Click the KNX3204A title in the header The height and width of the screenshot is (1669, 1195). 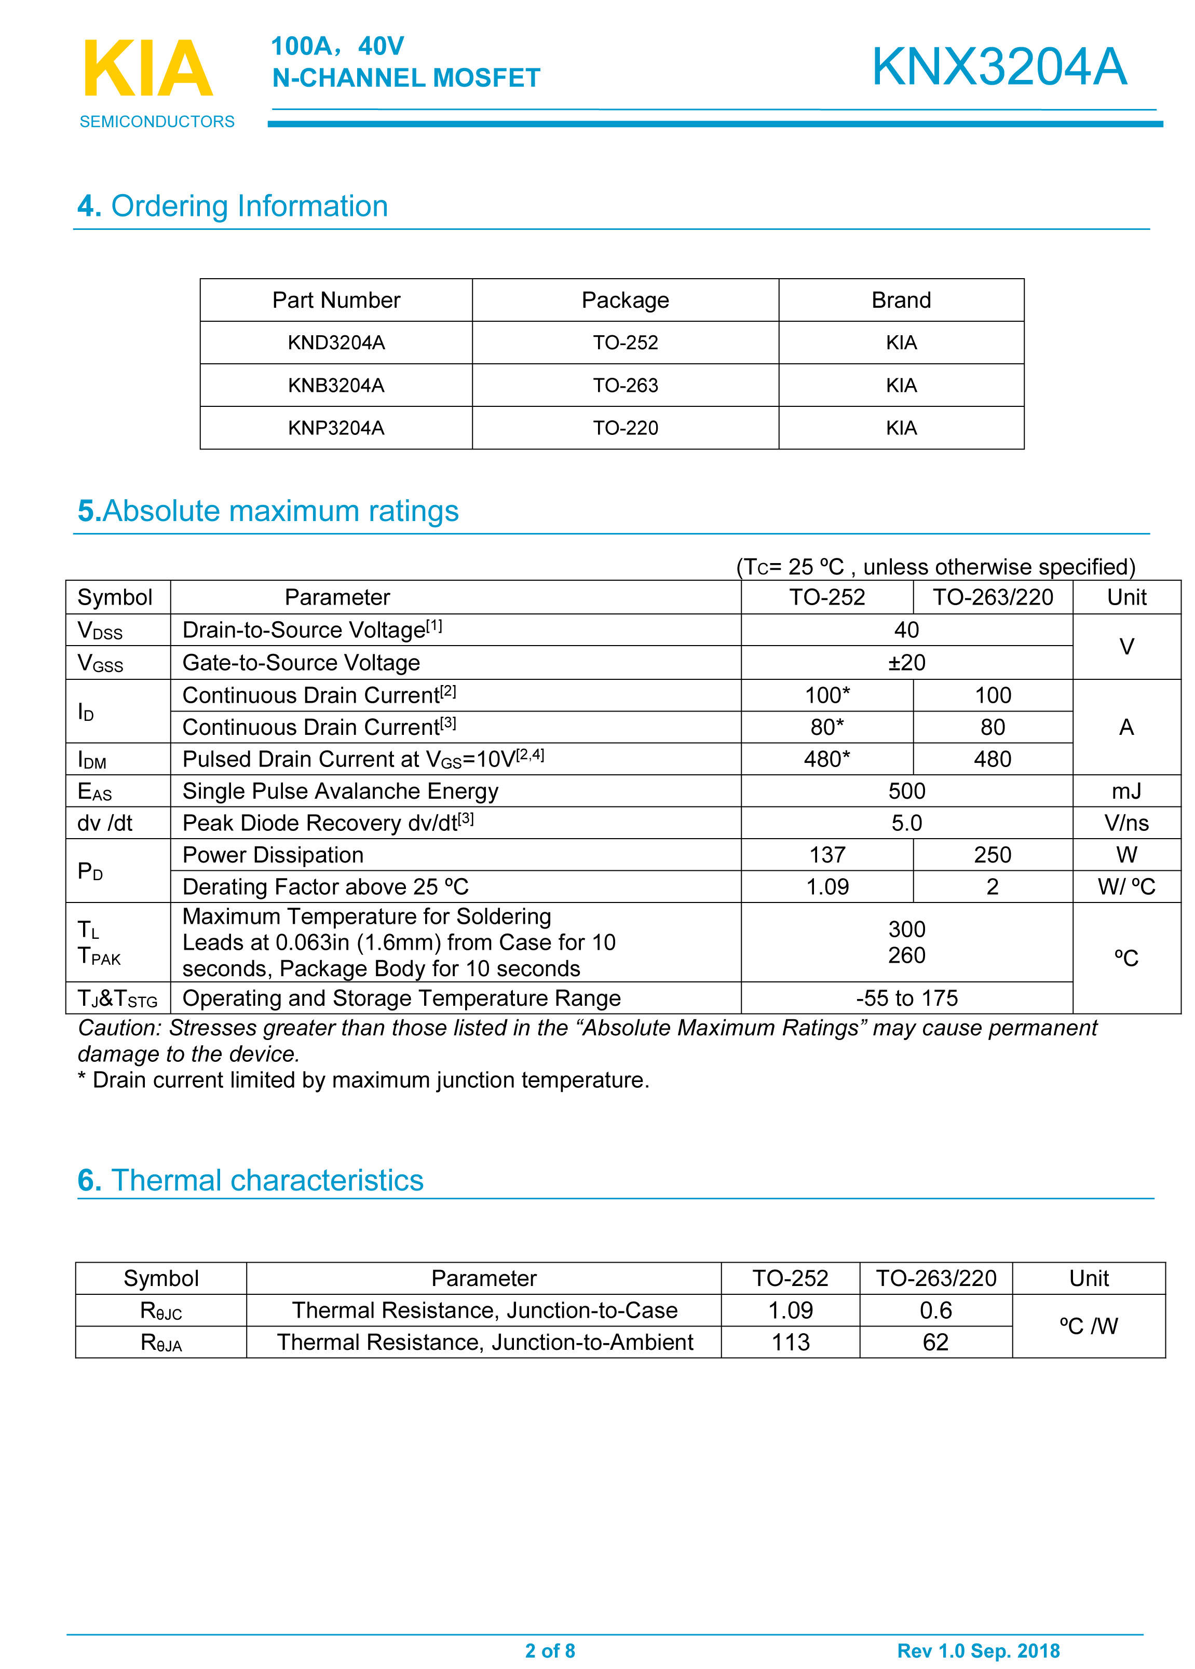coord(999,67)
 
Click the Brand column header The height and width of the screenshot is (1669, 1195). coord(901,300)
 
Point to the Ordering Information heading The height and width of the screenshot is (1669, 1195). coord(233,206)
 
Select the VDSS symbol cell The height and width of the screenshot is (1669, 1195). coord(100,631)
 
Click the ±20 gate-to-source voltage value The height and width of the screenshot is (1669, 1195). coord(906,663)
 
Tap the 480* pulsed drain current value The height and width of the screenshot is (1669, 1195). coord(826,759)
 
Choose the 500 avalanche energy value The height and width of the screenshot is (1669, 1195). coord(906,791)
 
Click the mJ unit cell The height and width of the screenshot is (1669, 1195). coord(1126,791)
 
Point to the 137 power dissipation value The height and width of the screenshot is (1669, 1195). coord(826,855)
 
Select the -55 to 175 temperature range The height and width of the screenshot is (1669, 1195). coord(906,998)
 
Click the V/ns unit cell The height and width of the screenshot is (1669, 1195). coord(1126,823)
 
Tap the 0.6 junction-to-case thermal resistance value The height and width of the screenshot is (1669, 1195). coord(935,1310)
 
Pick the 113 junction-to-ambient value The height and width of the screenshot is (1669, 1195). coord(790,1343)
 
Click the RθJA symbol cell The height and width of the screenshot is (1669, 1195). coord(161,1343)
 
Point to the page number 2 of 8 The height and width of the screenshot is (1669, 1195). coord(550,1651)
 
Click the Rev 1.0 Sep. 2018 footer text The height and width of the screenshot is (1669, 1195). coord(978,1651)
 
